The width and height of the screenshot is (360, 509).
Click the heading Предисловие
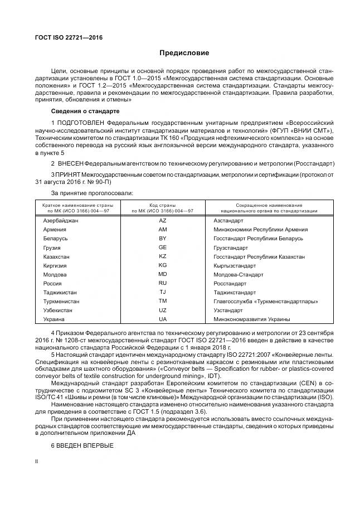[184, 53]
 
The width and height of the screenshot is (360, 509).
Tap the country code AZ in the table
[162, 221]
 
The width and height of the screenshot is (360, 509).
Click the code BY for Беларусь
[162, 239]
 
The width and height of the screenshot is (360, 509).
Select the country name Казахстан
[57, 256]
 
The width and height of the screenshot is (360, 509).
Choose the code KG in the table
[162, 265]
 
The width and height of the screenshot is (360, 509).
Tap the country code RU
[162, 283]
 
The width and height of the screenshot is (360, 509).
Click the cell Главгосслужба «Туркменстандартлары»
[265, 301]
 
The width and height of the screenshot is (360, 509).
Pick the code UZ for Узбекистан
[162, 310]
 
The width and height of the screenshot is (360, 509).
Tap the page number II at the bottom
[37, 462]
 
